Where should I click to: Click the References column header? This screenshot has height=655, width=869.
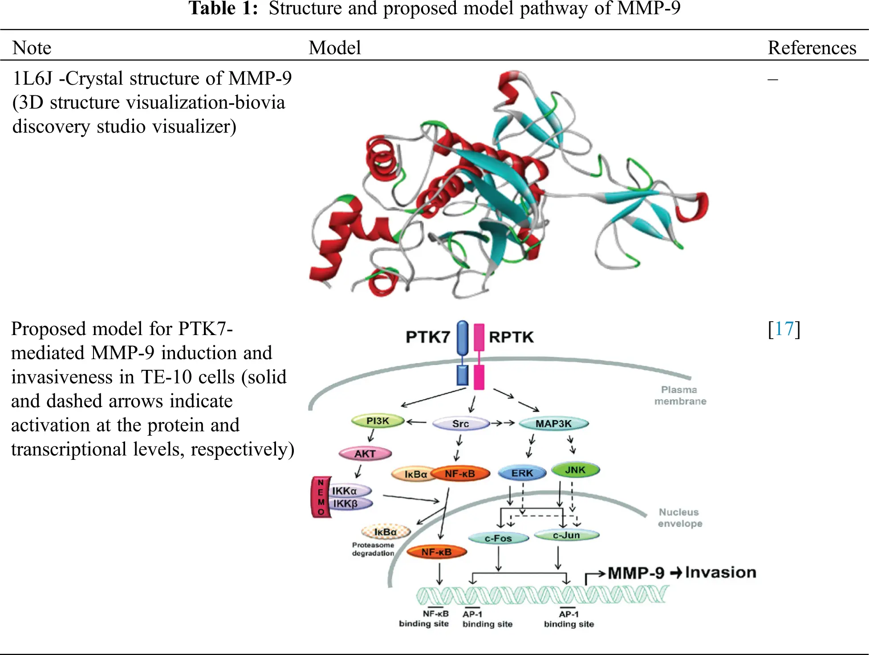[x=812, y=48]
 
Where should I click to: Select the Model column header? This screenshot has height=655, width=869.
[x=335, y=48]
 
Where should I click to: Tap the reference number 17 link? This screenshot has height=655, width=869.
[x=784, y=329]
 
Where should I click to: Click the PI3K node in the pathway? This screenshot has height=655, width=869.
[x=378, y=421]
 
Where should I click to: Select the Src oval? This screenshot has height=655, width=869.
[x=461, y=424]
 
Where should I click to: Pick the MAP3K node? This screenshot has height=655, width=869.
[x=553, y=424]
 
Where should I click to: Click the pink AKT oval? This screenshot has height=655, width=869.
[x=365, y=454]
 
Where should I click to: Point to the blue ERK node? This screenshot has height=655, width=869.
[x=522, y=473]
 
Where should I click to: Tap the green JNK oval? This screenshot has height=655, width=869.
[x=575, y=470]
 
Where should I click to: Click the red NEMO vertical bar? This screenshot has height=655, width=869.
[x=321, y=497]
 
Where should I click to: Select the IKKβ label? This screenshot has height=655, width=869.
[x=346, y=504]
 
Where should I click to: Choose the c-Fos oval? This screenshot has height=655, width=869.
[x=498, y=538]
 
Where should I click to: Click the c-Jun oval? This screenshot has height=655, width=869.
[x=566, y=535]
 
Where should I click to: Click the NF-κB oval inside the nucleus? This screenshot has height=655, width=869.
[x=436, y=552]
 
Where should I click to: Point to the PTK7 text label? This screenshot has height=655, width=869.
[x=428, y=337]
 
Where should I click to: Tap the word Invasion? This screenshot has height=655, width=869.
[x=720, y=573]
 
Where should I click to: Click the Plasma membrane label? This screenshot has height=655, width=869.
[x=680, y=395]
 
